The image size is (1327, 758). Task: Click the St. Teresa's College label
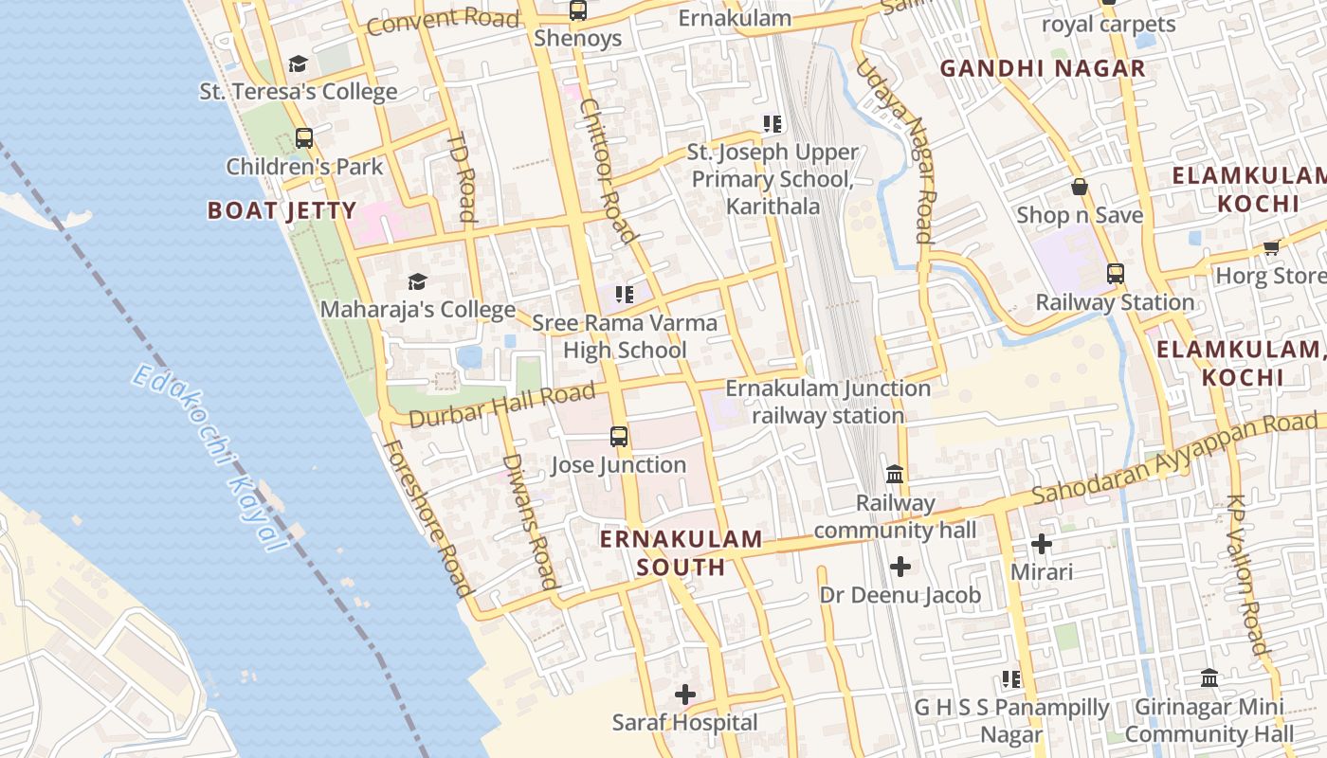coord(298,92)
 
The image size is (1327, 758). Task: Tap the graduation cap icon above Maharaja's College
coord(417,281)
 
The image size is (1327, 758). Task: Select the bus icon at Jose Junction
coord(619,437)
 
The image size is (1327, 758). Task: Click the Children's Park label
coord(304,167)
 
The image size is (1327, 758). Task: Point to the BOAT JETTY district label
coord(282,210)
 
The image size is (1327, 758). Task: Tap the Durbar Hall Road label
coord(502,405)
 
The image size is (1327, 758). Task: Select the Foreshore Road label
coord(427,517)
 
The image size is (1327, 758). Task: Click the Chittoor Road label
coord(607,171)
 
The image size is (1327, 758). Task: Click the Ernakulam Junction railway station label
coord(827,402)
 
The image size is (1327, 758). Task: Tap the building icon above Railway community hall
coord(895,474)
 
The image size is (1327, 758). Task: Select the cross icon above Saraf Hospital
coord(684,695)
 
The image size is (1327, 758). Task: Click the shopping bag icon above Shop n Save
coord(1080,187)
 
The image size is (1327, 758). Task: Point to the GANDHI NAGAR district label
coord(1043,68)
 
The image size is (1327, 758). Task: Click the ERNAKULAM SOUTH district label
coord(681,553)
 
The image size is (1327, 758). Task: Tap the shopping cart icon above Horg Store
coord(1271,247)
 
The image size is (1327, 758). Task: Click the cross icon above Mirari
coord(1042,544)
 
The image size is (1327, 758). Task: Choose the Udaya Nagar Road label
coord(896,152)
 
